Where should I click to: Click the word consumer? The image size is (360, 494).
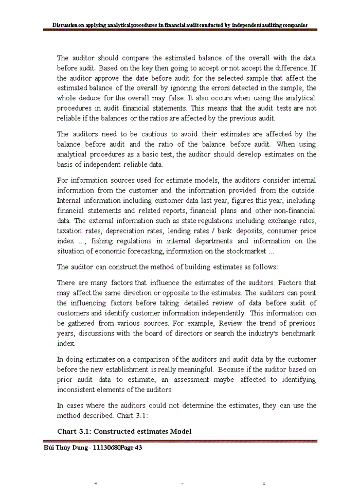(277, 231)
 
